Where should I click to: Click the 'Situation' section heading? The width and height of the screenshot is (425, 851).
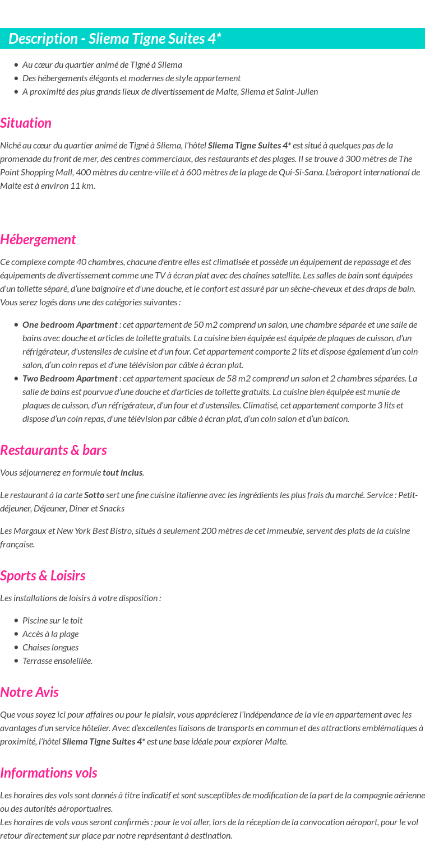point(26,123)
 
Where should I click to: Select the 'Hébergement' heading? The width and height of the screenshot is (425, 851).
point(38,240)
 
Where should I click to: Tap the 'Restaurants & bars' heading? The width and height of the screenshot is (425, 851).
point(53,450)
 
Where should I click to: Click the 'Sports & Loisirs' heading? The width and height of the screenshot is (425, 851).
point(43,576)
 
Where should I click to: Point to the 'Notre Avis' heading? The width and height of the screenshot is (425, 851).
point(29,692)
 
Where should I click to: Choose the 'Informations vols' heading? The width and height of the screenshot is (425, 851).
point(49,773)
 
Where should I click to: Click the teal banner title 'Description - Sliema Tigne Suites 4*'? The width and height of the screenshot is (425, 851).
point(115,39)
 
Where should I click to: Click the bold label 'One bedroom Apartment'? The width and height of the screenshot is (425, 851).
point(70,325)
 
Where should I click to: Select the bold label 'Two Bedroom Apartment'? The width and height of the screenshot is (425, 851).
point(70,379)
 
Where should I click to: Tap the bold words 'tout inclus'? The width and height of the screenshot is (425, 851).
point(122,473)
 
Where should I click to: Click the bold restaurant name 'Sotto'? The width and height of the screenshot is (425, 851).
point(94,495)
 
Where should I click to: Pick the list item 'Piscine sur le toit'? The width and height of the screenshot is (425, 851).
point(52,621)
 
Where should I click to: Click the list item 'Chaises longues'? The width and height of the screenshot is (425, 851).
point(50,648)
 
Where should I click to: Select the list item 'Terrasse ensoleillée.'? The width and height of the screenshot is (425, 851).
point(57,661)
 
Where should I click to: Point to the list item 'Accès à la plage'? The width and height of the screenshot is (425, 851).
point(50,634)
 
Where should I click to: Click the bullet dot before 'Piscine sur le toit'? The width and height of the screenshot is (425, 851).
point(16,621)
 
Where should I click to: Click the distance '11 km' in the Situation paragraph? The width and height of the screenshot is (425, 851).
point(82,186)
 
